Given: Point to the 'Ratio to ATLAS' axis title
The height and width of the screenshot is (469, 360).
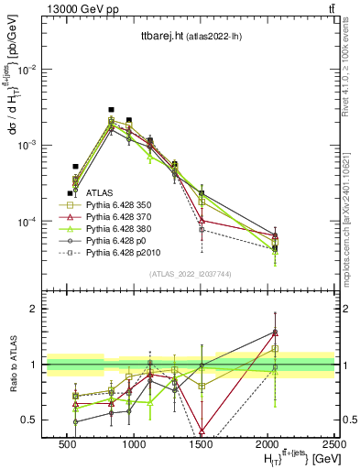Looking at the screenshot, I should pos(11,364).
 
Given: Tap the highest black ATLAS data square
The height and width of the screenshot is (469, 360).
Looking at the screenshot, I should pos(111,110).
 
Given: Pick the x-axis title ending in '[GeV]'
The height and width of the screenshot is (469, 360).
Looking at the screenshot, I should pos(294,458).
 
